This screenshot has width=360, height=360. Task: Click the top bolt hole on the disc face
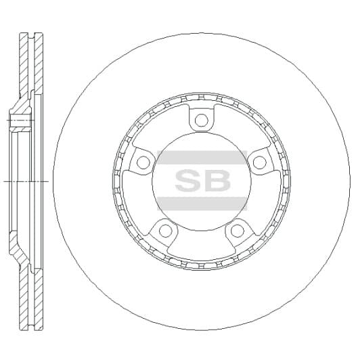201,121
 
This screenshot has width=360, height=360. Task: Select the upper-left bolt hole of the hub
143,162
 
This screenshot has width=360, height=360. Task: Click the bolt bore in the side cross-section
20,122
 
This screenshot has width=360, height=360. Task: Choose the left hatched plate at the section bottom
24,298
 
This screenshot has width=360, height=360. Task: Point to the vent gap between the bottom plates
32,298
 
